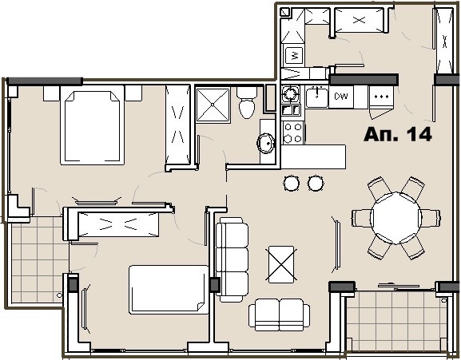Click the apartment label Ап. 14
tap(398, 134)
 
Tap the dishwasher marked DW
tap(341, 97)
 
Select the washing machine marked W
tap(294, 55)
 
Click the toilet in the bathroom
tap(247, 102)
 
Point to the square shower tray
tap(213, 105)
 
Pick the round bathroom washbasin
tap(266, 143)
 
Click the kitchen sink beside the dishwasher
tap(317, 97)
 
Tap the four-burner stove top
tap(293, 133)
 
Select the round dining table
tap(396, 218)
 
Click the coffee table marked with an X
tap(281, 264)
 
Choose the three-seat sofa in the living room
tap(232, 259)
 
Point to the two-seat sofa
tap(279, 315)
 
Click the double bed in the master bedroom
tap(92, 125)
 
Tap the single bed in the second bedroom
tap(169, 290)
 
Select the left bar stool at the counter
tap(292, 184)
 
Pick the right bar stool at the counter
tap(316, 184)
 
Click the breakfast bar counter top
tap(313, 156)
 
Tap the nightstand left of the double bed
tap(51, 93)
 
